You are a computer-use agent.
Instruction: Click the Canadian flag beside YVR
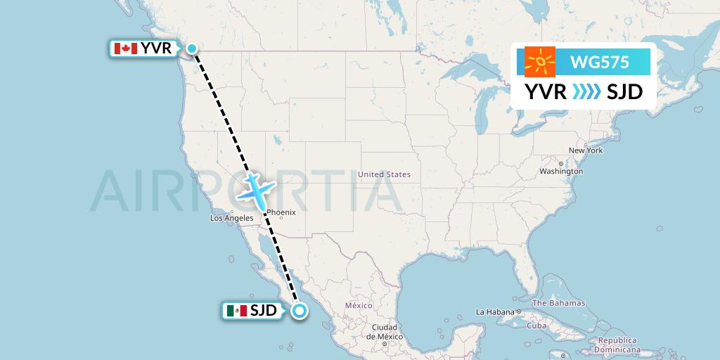125,49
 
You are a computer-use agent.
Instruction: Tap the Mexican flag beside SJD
237,311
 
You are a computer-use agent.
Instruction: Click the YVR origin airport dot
192,49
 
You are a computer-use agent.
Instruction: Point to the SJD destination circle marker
300,311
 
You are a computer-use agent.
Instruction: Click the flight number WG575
600,63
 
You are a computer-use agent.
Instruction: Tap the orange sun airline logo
540,62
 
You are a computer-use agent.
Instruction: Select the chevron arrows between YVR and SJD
586,92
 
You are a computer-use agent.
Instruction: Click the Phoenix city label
281,212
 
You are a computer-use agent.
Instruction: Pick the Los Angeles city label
231,219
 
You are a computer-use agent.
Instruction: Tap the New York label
586,150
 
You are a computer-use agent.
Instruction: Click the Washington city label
561,172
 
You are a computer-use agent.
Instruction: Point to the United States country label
384,174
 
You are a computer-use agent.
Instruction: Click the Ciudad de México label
385,332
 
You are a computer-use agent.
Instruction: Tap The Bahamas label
558,303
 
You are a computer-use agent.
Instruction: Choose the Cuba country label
537,326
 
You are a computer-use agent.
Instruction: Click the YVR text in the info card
545,92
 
